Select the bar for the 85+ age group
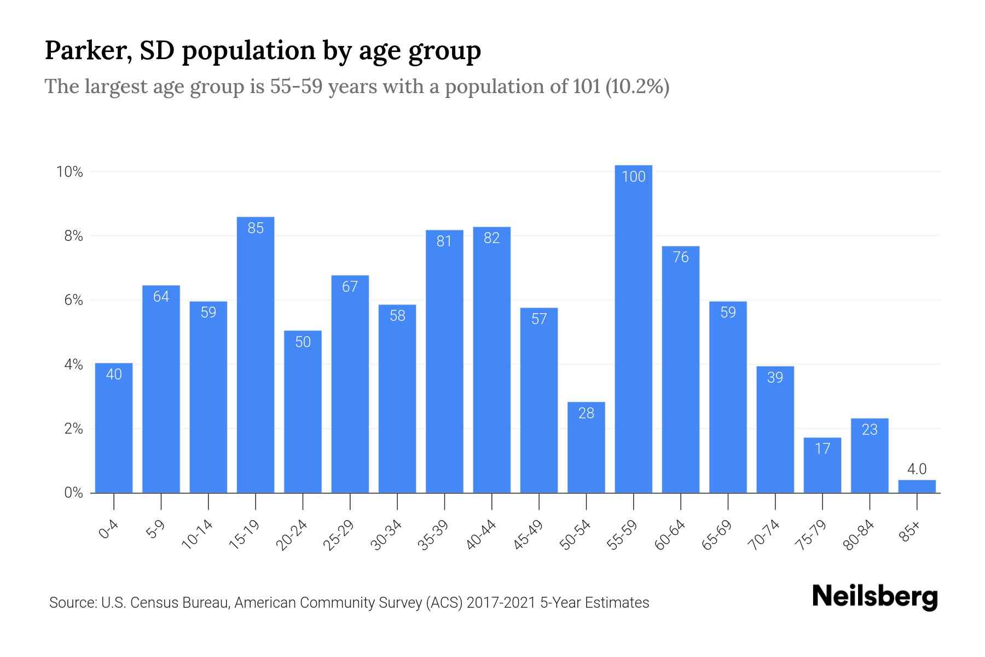point(917,487)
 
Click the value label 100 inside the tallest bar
point(634,177)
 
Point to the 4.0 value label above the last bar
point(917,469)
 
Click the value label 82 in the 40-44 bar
point(492,238)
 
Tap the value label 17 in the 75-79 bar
point(822,449)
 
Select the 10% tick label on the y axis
point(70,172)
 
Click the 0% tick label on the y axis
point(73,493)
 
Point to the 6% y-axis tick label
point(73,300)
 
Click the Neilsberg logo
point(875,597)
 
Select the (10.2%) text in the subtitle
point(638,87)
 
